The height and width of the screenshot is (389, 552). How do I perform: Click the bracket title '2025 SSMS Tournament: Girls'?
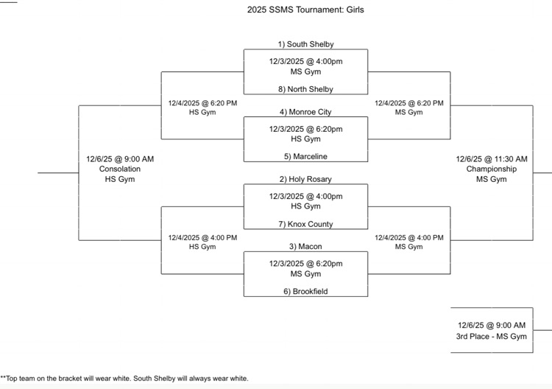pyautogui.click(x=305, y=10)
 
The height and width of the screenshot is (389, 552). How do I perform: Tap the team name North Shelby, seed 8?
pyautogui.click(x=305, y=89)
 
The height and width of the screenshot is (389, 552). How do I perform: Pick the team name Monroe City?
pyautogui.click(x=305, y=112)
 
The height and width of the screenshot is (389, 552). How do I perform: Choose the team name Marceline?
pyautogui.click(x=305, y=156)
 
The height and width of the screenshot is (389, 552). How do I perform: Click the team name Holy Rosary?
pyautogui.click(x=305, y=179)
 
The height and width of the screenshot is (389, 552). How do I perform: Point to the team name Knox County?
pyautogui.click(x=305, y=224)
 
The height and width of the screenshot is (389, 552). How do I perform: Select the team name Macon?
pyautogui.click(x=305, y=246)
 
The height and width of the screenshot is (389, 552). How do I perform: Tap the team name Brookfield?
pyautogui.click(x=305, y=291)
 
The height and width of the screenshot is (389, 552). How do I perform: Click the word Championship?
pyautogui.click(x=491, y=169)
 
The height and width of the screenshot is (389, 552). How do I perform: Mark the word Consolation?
pyautogui.click(x=120, y=169)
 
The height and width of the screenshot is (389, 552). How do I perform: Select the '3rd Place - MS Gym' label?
pyautogui.click(x=491, y=336)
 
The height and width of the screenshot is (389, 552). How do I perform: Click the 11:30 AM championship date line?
pyautogui.click(x=491, y=158)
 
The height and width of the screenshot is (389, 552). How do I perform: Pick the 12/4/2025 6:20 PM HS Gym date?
pyautogui.click(x=202, y=103)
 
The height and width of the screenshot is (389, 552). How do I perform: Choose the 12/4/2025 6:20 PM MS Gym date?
pyautogui.click(x=409, y=103)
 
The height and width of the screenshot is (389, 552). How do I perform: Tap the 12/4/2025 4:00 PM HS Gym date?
pyautogui.click(x=202, y=237)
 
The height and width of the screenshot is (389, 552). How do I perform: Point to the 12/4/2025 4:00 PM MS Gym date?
pyautogui.click(x=409, y=237)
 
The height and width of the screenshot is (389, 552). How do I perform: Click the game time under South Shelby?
pyautogui.click(x=305, y=61)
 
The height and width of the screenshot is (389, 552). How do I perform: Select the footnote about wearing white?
pyautogui.click(x=124, y=379)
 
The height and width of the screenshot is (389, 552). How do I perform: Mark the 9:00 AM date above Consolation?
pyautogui.click(x=120, y=158)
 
